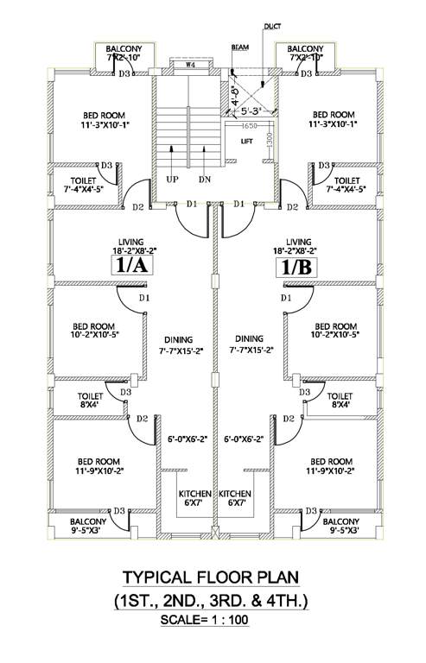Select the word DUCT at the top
273,28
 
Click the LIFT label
246,141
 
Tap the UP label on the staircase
173,179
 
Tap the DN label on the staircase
205,179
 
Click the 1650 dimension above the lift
238,126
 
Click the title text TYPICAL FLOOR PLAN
213,578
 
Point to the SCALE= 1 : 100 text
213,620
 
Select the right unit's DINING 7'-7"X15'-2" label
250,344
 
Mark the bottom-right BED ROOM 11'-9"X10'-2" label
331,466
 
